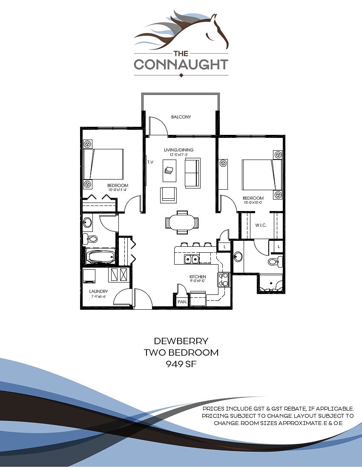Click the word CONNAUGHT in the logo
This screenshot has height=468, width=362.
click(x=181, y=65)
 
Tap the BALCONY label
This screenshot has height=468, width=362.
click(x=181, y=117)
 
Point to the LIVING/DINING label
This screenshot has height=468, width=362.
click(x=179, y=150)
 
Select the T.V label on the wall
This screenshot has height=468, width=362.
click(x=150, y=162)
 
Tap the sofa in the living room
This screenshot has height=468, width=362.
click(x=192, y=173)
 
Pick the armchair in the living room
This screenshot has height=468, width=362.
click(x=168, y=195)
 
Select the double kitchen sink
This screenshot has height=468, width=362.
click(x=190, y=259)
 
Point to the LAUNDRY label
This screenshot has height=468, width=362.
click(x=98, y=291)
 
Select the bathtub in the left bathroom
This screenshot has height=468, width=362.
click(x=101, y=257)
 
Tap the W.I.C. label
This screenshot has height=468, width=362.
click(x=261, y=225)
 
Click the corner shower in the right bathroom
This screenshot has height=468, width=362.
click(x=270, y=285)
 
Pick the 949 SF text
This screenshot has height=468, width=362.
click(x=181, y=364)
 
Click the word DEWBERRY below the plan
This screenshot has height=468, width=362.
click(x=181, y=341)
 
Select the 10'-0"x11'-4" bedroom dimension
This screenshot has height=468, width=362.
click(x=118, y=190)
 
